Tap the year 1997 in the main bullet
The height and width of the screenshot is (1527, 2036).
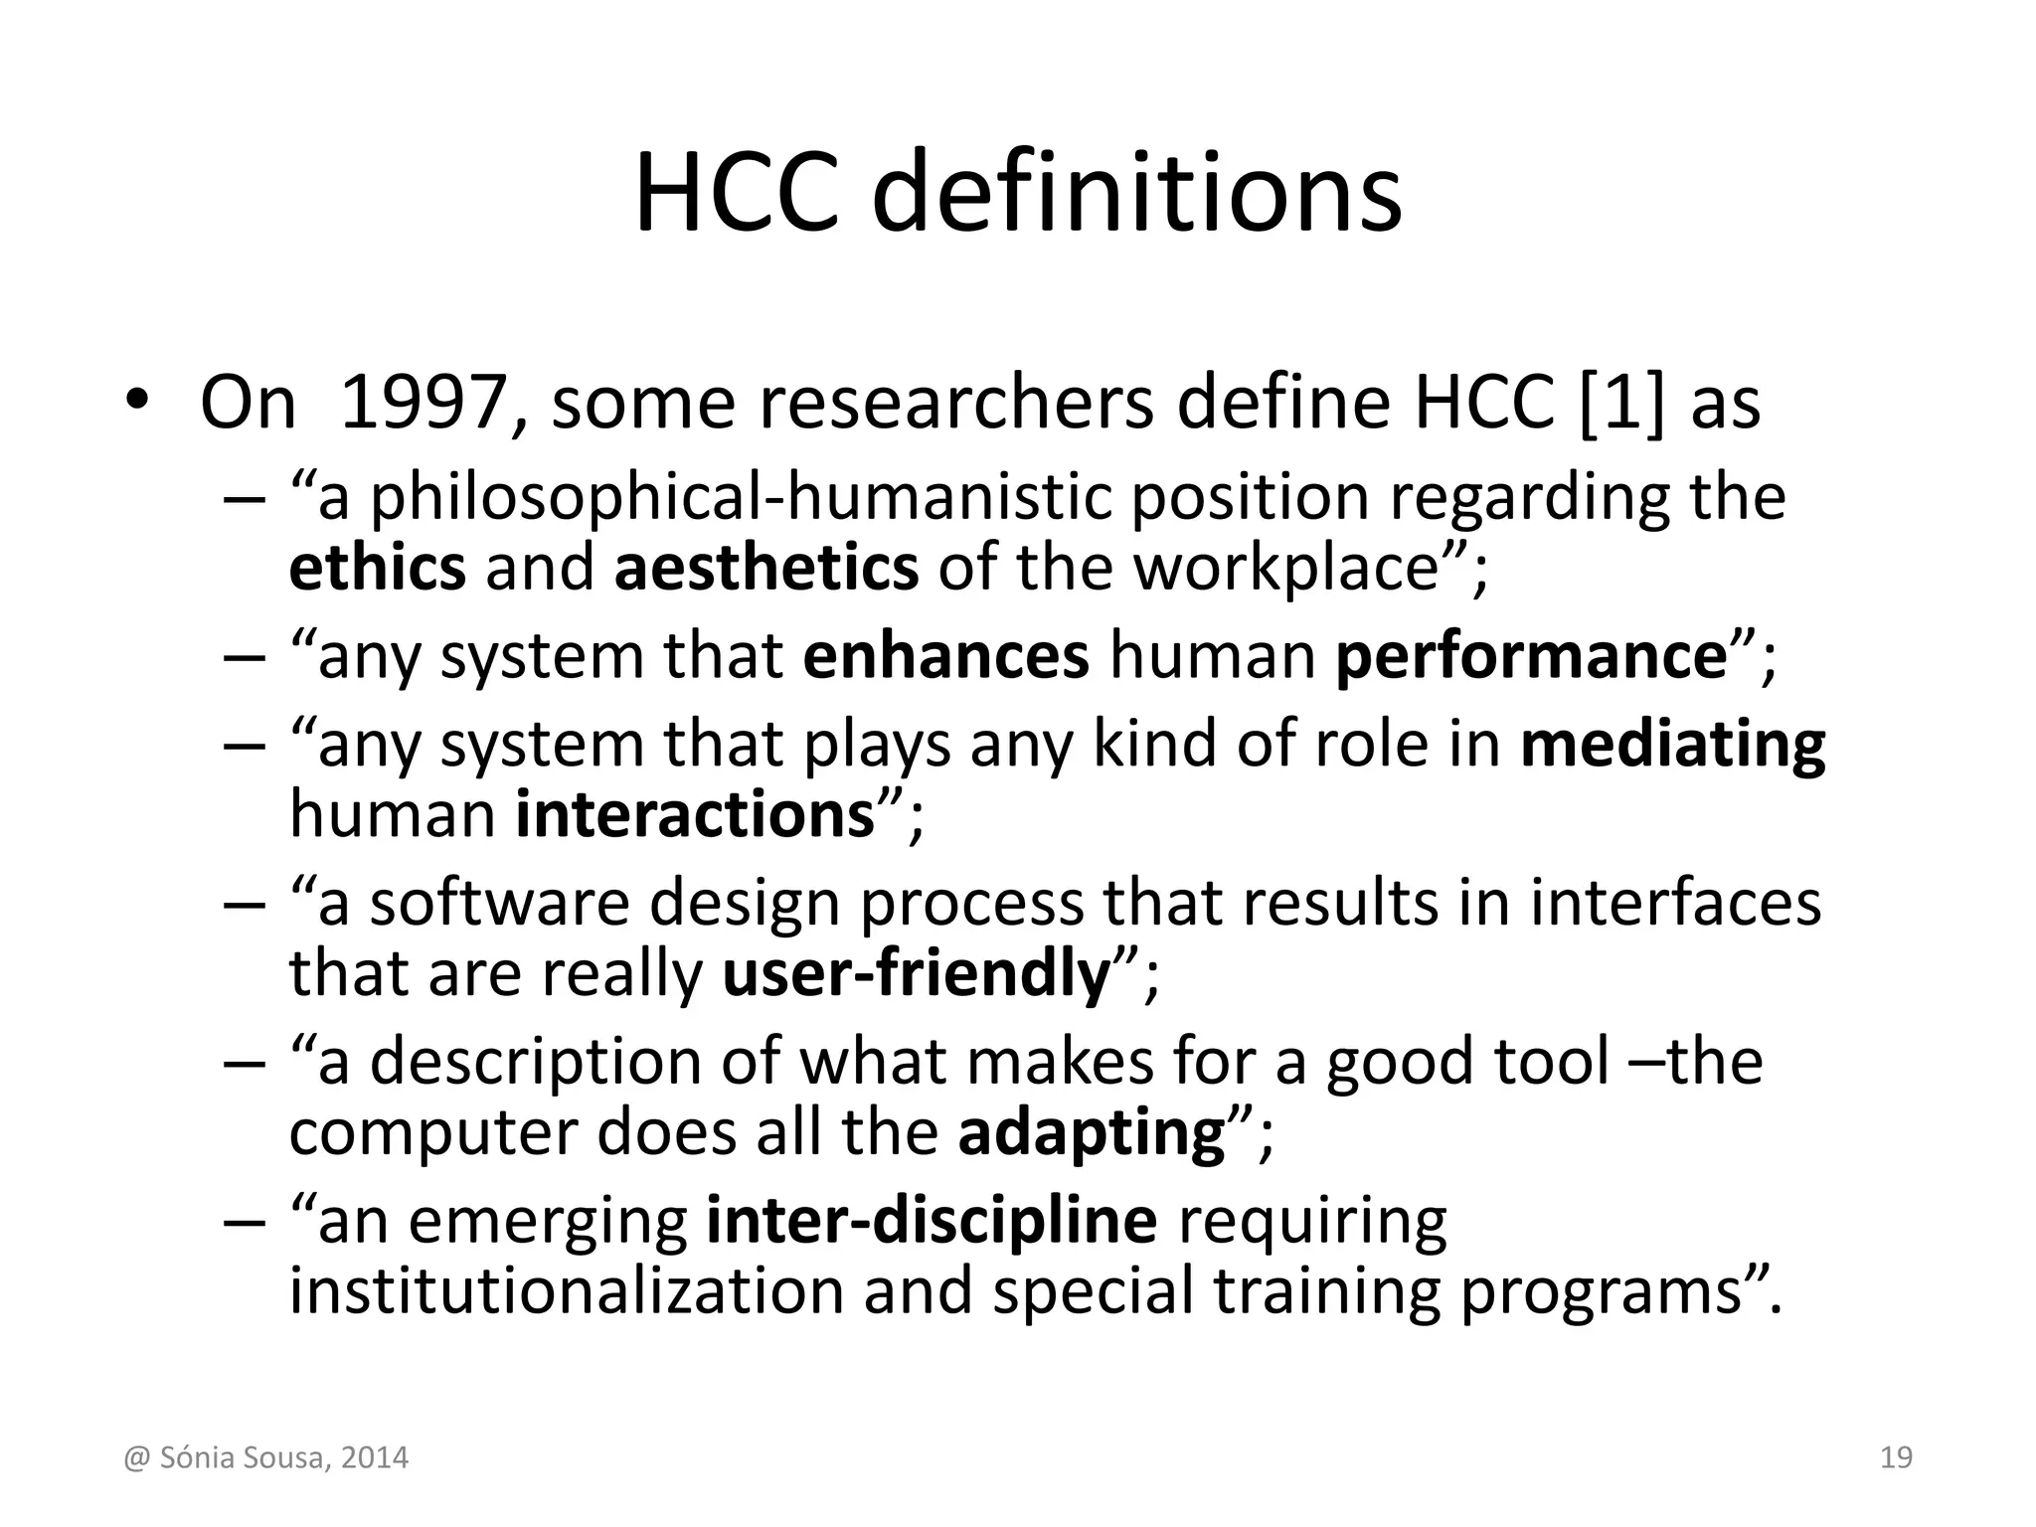coord(424,403)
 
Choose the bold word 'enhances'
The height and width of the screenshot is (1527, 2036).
coord(945,656)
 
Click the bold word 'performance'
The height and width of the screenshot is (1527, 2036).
coord(1532,656)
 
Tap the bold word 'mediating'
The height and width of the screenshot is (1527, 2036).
coord(1673,745)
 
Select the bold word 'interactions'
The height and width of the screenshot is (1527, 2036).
coord(695,814)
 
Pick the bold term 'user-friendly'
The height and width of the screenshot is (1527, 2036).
coord(916,973)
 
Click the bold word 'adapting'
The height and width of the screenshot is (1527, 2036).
coord(1092,1132)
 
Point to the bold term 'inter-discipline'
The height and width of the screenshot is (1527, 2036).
coord(932,1221)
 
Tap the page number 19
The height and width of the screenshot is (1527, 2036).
coord(1896,1457)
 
